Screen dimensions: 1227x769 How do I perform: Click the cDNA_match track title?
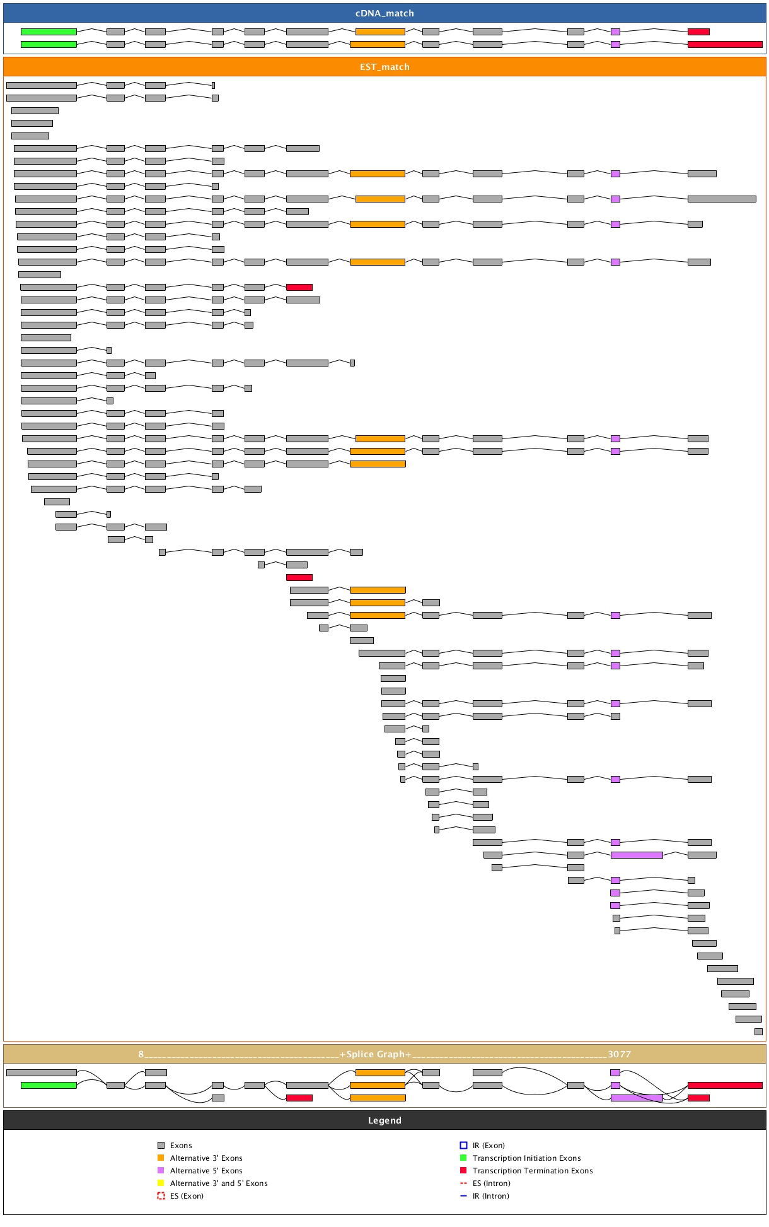coord(384,13)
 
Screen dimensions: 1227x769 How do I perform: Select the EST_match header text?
coord(384,67)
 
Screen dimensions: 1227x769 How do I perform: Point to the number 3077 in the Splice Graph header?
coord(619,1054)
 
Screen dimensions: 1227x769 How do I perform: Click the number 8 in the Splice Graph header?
coord(141,1054)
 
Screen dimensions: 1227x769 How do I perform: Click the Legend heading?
coord(384,1120)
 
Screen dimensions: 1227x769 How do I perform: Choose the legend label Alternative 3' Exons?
coord(206,1158)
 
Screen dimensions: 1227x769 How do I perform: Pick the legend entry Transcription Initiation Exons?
coord(526,1158)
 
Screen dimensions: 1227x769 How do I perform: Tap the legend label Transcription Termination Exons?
coord(533,1171)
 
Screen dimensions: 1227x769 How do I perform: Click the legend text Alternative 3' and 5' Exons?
coord(219,1183)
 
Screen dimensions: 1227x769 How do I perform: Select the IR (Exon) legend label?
coord(489,1146)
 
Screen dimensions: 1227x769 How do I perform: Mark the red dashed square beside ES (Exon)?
coord(161,1196)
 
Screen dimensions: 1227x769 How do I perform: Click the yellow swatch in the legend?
coord(161,1183)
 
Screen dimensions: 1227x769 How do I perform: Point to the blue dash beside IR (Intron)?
coord(463,1196)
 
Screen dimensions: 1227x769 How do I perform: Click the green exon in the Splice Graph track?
coord(49,1085)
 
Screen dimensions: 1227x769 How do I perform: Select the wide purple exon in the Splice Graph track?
coord(637,1098)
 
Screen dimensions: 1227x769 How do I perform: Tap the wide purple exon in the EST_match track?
coord(637,855)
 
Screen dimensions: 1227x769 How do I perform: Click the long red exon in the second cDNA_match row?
coord(725,44)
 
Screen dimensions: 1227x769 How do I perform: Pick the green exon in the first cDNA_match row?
coord(49,32)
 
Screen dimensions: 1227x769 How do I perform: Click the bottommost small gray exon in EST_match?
coord(758,1031)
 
